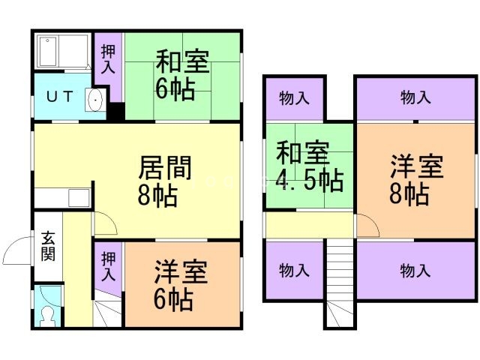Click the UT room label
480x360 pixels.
point(60,97)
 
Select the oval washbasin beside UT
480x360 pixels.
point(95,100)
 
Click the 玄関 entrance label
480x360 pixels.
point(48,247)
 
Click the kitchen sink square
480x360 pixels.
point(79,198)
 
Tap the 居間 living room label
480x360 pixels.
point(165,167)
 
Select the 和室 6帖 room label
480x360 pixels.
point(182,74)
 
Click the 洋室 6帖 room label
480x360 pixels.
point(181,285)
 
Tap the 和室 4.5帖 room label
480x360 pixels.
point(309,166)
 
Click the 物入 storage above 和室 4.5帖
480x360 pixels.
point(295,98)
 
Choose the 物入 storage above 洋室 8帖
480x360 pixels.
point(415,98)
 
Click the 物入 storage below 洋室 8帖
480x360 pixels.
point(415,271)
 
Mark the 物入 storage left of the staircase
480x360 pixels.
point(295,271)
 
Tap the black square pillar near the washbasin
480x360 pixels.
point(115,111)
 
